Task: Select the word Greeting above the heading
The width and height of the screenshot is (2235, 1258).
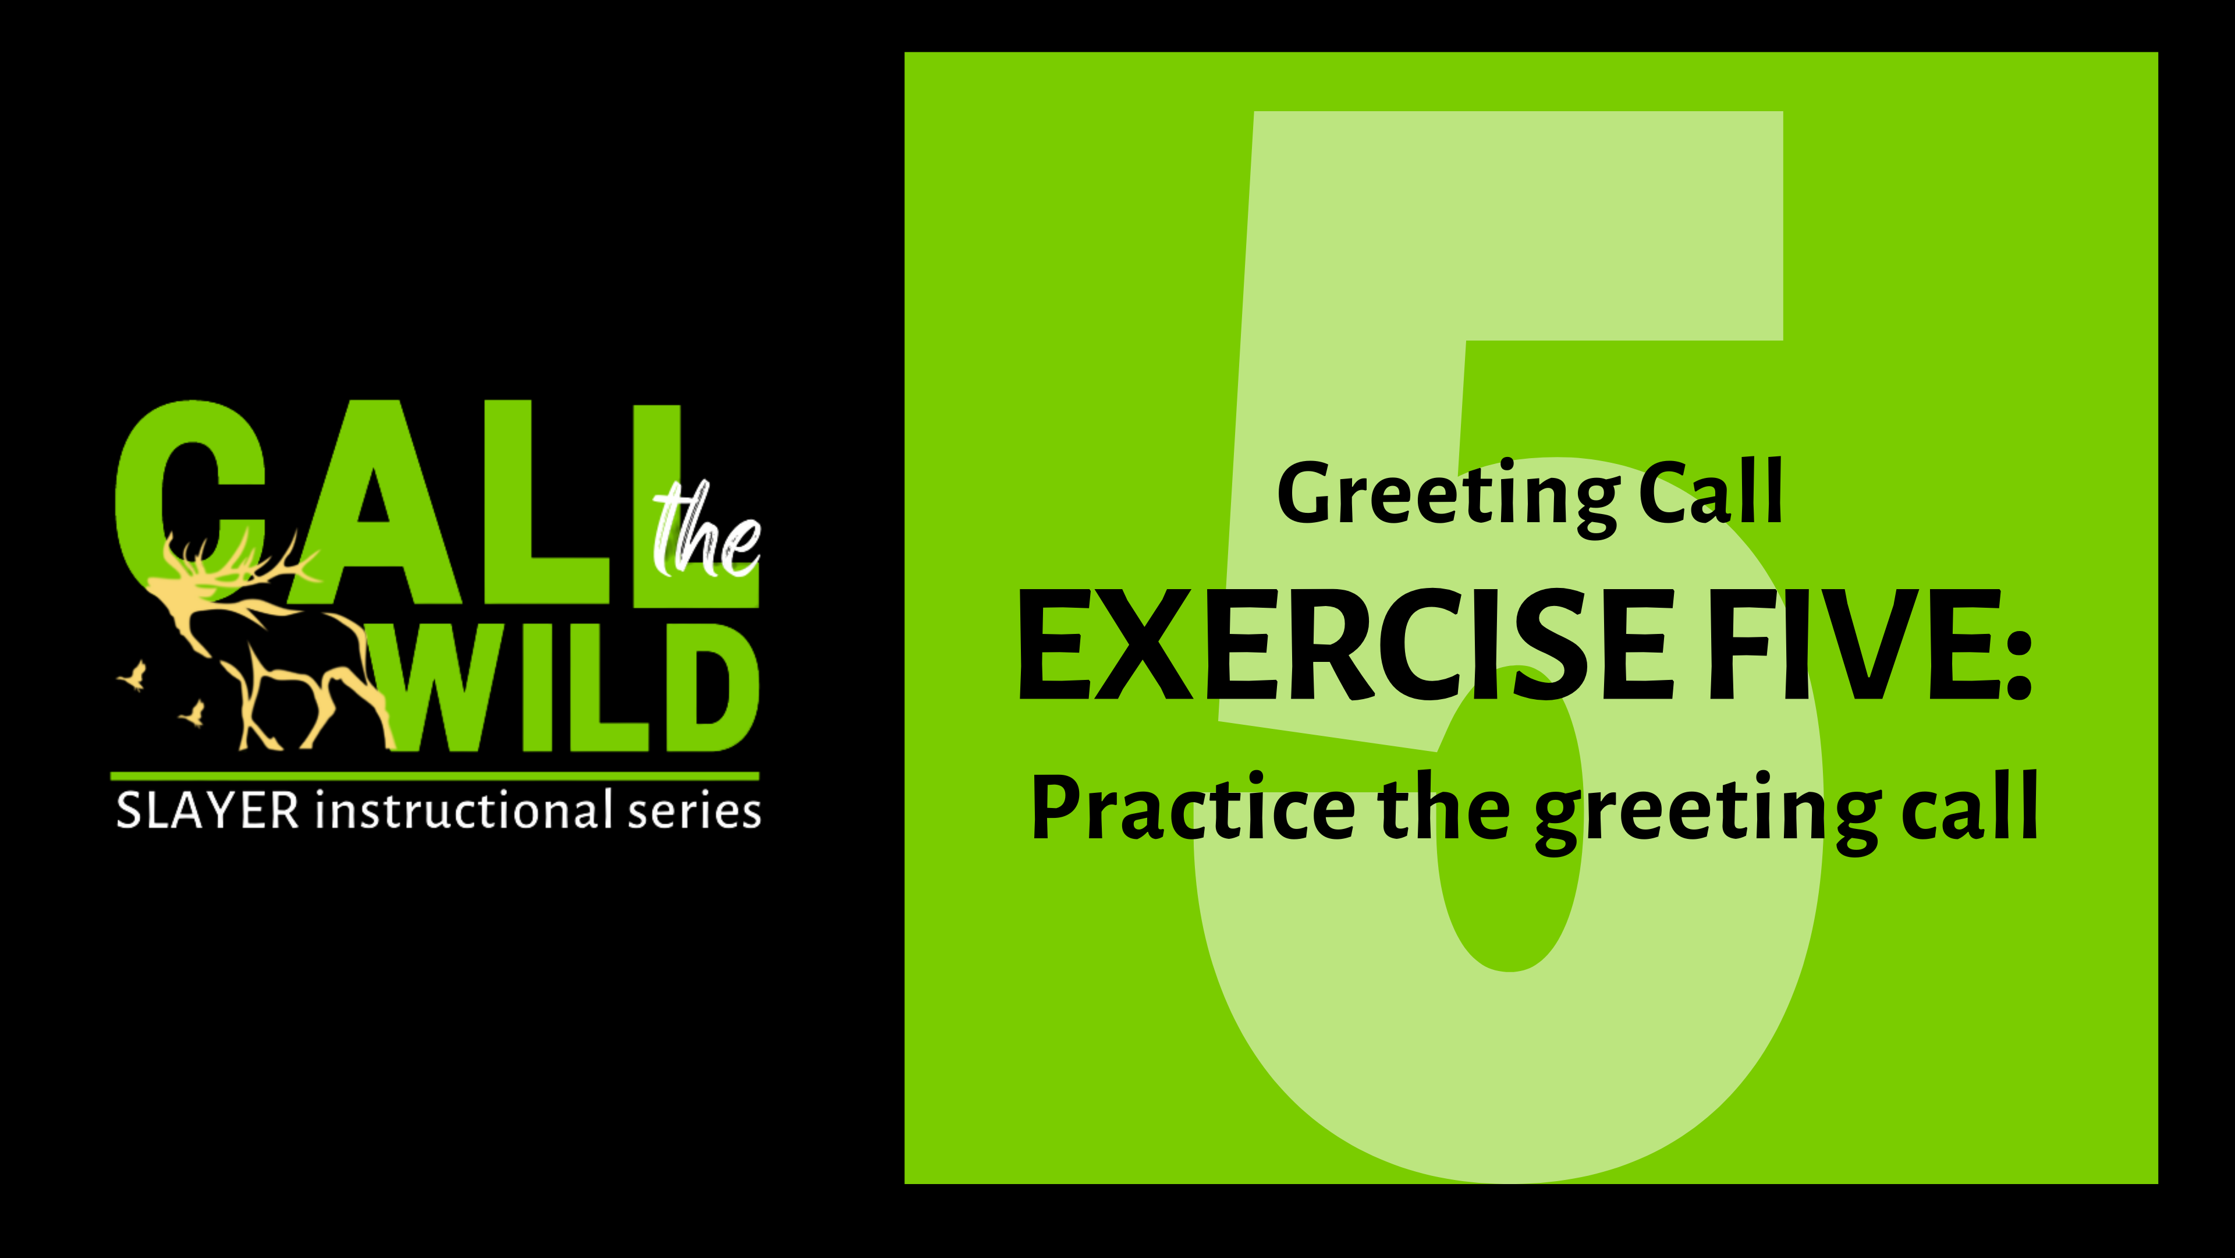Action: pos(1448,494)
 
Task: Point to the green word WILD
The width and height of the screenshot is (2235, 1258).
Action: pos(573,690)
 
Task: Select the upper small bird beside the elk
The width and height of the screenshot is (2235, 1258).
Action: pos(134,675)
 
